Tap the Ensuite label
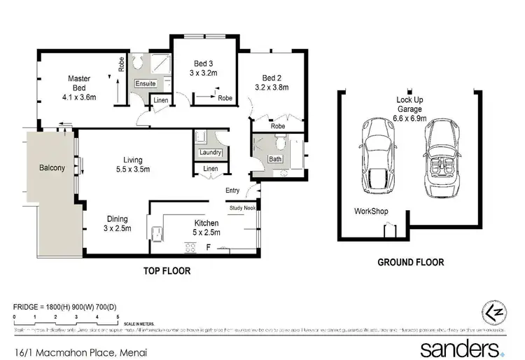click(146, 83)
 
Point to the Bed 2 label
click(272, 77)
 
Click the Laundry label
click(211, 152)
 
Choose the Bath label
click(276, 160)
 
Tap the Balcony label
click(52, 168)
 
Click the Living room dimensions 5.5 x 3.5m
click(133, 169)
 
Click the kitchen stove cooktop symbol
click(189, 246)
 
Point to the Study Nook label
click(241, 207)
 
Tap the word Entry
click(232, 191)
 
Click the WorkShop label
click(371, 211)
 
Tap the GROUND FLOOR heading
click(410, 262)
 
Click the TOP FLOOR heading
click(167, 270)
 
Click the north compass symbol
click(493, 312)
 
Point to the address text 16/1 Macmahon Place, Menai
click(78, 349)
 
